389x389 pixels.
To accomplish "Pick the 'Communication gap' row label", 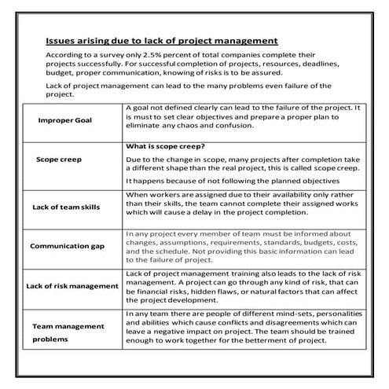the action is (x=69, y=246).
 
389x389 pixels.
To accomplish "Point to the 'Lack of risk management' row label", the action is (x=72, y=284).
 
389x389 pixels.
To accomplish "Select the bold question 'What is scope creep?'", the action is (x=163, y=145).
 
